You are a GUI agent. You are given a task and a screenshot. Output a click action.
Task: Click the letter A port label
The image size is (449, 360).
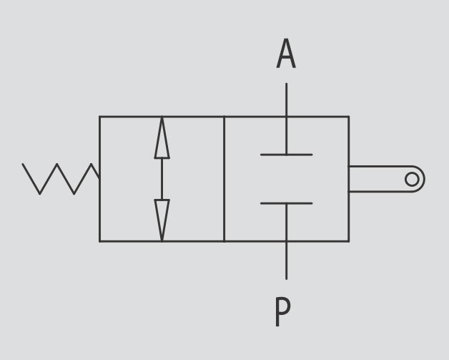286,54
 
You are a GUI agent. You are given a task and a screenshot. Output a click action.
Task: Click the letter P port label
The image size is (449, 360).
282,312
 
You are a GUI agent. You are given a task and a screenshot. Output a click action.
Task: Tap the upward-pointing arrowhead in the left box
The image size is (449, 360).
162,137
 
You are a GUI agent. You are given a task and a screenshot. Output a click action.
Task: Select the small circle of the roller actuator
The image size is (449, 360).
412,179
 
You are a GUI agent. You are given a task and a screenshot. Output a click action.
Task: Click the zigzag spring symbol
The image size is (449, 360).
61,179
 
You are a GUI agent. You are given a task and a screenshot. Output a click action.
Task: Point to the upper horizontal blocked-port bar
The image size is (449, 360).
287,155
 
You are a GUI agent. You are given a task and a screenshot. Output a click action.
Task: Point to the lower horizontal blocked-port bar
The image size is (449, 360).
287,203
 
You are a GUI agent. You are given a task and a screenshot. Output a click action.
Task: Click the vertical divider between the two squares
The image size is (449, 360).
224,179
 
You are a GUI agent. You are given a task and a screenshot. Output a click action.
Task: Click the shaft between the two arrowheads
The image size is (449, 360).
162,179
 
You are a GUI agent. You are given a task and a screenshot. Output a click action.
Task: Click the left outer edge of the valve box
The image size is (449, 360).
99,179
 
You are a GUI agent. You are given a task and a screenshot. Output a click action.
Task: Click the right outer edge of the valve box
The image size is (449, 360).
349,179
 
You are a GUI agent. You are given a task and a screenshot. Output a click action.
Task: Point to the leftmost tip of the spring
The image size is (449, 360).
23,164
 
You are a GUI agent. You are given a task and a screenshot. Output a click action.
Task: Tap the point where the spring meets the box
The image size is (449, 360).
99,178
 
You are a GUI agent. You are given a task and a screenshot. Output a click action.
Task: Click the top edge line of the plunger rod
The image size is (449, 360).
380,166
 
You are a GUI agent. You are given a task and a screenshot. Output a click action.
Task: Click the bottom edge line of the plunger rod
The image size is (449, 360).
380,192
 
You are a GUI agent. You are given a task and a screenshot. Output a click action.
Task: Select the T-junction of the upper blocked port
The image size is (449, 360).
287,155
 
